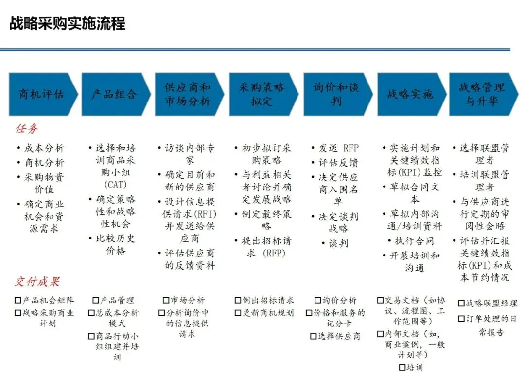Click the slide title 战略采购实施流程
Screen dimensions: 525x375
[x=68, y=23]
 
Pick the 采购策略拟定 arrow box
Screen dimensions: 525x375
[x=262, y=94]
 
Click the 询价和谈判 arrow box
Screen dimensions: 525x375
[x=336, y=94]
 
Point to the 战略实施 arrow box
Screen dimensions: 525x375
[x=410, y=94]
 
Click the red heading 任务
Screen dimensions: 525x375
[x=27, y=129]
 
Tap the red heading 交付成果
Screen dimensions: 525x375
[x=37, y=282]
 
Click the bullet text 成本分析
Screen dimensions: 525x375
[x=44, y=148]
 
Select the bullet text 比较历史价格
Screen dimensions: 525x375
[x=116, y=244]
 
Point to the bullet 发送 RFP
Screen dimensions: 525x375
[x=338, y=148]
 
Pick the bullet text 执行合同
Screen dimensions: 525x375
[x=414, y=241]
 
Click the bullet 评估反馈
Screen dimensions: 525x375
[x=338, y=163]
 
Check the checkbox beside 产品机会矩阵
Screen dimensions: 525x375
[x=18, y=301]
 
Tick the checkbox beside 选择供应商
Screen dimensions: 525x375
[x=314, y=336]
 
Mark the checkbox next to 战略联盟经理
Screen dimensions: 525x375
[x=461, y=303]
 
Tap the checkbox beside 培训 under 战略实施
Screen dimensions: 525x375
[x=402, y=367]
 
